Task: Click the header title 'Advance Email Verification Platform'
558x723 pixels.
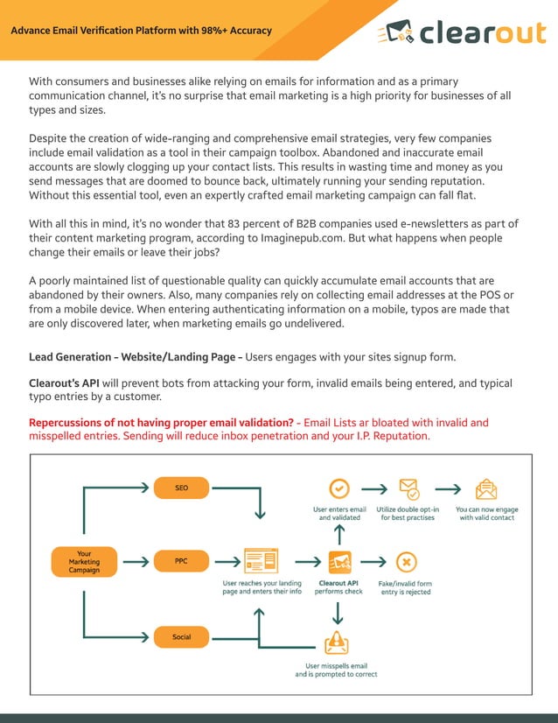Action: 141,31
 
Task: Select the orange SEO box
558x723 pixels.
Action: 181,488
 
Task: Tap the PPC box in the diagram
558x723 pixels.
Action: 181,559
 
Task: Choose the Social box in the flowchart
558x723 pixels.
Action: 181,636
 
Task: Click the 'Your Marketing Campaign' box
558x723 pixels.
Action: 84,561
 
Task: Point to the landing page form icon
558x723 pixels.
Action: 262,559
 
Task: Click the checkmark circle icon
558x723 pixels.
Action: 338,488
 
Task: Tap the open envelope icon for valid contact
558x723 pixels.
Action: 486,488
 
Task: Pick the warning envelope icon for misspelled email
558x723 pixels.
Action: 337,644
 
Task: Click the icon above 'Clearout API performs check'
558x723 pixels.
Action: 339,560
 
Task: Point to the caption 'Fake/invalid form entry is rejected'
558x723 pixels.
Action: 405,587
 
